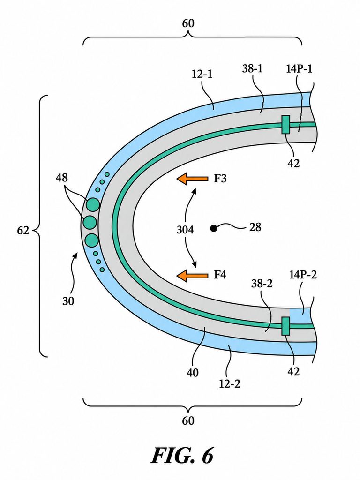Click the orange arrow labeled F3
[x=192, y=179]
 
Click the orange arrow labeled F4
[x=192, y=275]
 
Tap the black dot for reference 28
[x=214, y=228]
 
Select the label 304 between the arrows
[x=185, y=229]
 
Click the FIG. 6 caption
[x=182, y=456]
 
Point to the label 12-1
[x=202, y=74]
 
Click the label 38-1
[x=253, y=69]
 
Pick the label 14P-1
[x=300, y=69]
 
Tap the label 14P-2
[x=303, y=275]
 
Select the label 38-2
[x=262, y=284]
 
